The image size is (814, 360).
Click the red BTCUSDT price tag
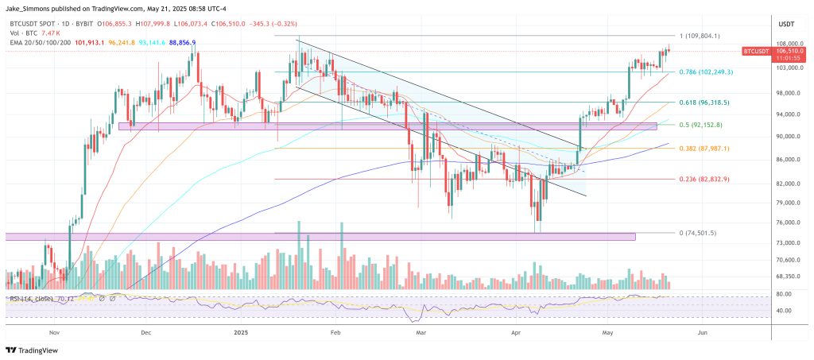756,51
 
